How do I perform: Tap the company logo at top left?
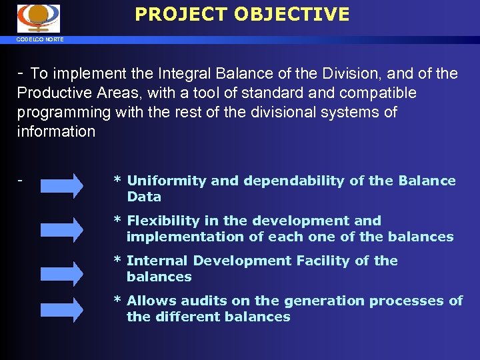coord(39,19)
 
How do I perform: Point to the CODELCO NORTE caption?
coord(41,40)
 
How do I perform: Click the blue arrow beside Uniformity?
coord(62,187)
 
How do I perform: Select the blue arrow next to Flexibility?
coord(62,229)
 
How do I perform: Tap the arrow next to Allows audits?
coord(62,309)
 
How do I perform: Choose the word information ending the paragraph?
coord(56,131)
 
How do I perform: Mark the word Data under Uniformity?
coord(144,197)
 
